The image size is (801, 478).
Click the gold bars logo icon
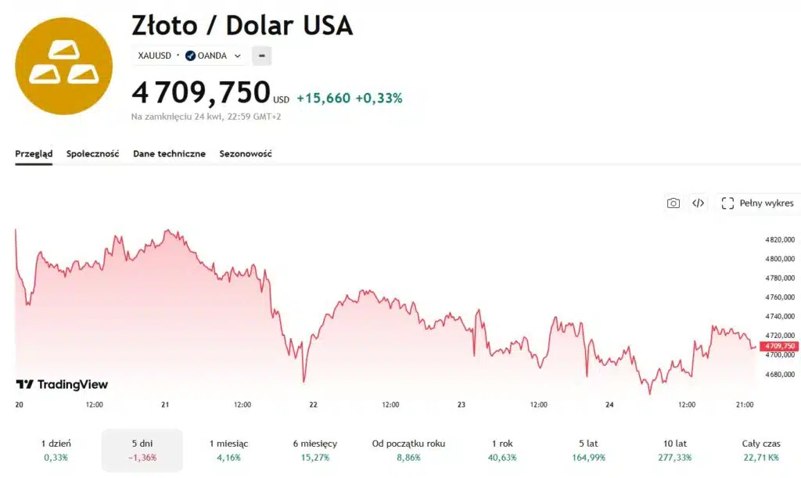pyautogui.click(x=63, y=66)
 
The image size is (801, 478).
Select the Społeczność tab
pyautogui.click(x=92, y=154)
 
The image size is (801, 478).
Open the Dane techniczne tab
pyautogui.click(x=169, y=154)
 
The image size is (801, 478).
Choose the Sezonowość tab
pyautogui.click(x=246, y=154)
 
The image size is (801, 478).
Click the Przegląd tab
pyautogui.click(x=34, y=154)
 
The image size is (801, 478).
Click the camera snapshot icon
pyautogui.click(x=673, y=203)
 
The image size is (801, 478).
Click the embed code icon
pyautogui.click(x=698, y=203)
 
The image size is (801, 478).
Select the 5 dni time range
pyautogui.click(x=142, y=450)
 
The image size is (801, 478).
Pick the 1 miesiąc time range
pyautogui.click(x=229, y=450)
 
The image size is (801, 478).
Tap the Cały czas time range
pyautogui.click(x=760, y=450)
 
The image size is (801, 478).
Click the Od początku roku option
pyautogui.click(x=408, y=450)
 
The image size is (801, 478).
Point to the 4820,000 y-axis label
pyautogui.click(x=780, y=239)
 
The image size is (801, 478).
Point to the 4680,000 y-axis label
pyautogui.click(x=780, y=374)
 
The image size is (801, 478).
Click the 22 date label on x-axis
pyautogui.click(x=313, y=404)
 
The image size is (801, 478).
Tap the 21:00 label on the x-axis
pyautogui.click(x=745, y=404)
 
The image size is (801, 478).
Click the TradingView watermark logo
pyautogui.click(x=63, y=385)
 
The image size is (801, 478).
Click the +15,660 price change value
pyautogui.click(x=323, y=98)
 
